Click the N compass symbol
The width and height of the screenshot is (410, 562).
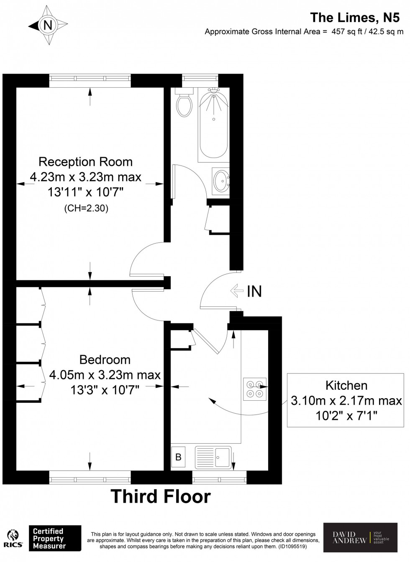tap(48, 25)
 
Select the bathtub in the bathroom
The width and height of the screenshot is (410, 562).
tap(213, 125)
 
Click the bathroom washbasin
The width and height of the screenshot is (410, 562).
tap(220, 181)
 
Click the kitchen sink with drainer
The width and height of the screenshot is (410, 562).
tap(213, 457)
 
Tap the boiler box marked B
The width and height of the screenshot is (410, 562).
tap(178, 457)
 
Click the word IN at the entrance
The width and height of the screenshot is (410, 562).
tap(254, 291)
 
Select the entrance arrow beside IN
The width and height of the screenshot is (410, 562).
tap(237, 291)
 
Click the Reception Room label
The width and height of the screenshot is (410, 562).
tap(85, 162)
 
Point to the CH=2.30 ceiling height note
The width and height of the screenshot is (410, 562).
tap(86, 208)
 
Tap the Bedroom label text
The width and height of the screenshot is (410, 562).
tap(105, 359)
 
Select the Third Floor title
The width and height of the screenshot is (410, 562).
tap(161, 496)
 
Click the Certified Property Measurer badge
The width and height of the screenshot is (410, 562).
tap(54, 539)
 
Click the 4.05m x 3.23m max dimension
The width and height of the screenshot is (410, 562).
tap(105, 375)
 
